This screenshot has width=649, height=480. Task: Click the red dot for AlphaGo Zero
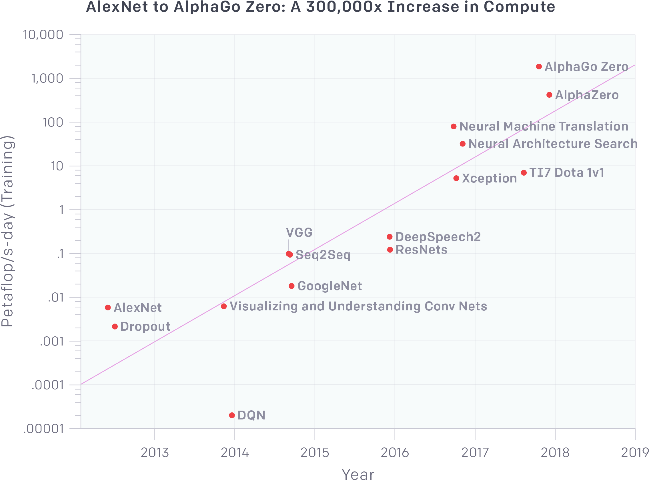(x=539, y=67)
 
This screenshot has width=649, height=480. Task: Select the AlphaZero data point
(x=549, y=95)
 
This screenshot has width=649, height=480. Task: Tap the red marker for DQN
(x=232, y=415)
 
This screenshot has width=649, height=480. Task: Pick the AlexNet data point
(x=107, y=308)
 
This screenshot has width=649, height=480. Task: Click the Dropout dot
(x=115, y=327)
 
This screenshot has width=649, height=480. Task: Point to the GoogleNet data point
(x=291, y=286)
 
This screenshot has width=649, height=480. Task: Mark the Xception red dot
(x=456, y=178)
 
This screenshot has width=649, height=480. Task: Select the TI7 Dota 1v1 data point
(x=524, y=172)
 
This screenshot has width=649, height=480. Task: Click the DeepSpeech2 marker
(x=390, y=237)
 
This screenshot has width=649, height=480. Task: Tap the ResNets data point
(x=390, y=250)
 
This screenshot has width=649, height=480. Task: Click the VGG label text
(x=299, y=232)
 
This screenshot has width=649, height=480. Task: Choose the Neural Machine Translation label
(x=544, y=126)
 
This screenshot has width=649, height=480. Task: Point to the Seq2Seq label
(x=323, y=255)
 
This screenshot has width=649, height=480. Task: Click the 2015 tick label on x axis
(x=315, y=453)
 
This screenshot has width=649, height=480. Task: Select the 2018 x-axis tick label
(x=555, y=453)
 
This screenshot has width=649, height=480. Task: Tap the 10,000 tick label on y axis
(x=43, y=35)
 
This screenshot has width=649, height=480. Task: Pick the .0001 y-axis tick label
(x=48, y=385)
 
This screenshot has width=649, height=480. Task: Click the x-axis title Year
(x=358, y=474)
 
